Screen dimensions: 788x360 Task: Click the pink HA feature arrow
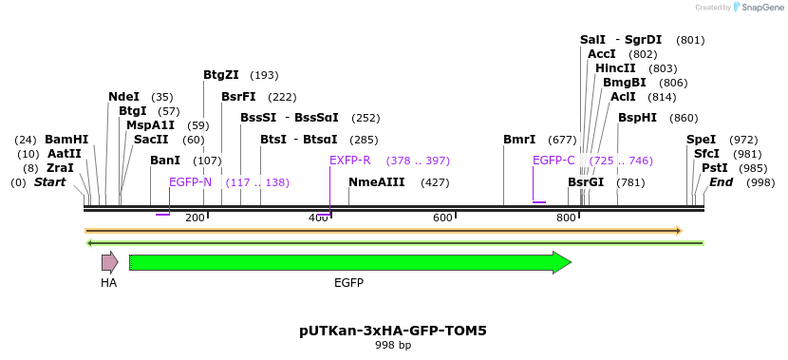(110, 262)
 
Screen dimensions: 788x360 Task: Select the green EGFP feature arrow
(350, 262)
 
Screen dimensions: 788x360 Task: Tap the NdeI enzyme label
(124, 97)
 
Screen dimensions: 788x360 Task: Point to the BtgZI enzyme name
(221, 75)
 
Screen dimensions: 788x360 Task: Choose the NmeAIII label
(376, 182)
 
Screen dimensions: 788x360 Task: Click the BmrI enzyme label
(519, 140)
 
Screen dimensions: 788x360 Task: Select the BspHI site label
(637, 118)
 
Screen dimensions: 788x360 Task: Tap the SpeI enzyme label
(701, 140)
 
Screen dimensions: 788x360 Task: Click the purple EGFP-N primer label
(190, 182)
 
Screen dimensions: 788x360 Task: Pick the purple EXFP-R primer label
(349, 161)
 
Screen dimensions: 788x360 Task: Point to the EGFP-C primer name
(553, 161)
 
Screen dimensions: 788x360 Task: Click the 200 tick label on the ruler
(195, 218)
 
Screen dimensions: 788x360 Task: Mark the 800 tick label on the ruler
(566, 218)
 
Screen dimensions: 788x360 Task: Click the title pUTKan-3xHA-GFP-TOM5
(393, 331)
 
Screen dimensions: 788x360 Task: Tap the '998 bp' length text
(393, 346)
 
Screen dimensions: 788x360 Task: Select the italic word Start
(49, 182)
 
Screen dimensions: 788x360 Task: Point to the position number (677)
(562, 140)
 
